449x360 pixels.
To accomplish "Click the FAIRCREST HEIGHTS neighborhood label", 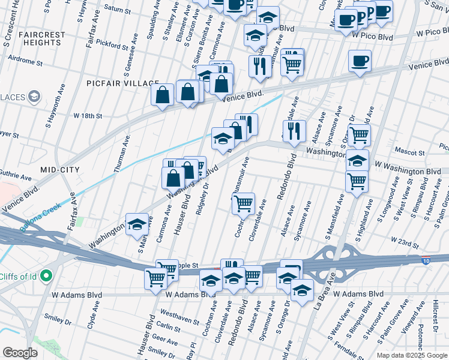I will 41,39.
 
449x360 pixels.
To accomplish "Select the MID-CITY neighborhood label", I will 60,170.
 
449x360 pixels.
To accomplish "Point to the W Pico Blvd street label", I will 372,37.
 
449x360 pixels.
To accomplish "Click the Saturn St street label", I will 117,10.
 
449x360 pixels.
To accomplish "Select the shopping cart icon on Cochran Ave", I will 244,203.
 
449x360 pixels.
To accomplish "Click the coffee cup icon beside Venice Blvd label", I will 360,61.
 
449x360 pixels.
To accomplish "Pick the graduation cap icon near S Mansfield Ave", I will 357,160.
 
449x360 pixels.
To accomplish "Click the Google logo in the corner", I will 20,352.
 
